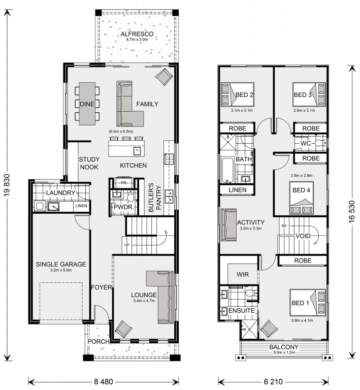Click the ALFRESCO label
[137, 35]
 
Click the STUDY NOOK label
[89, 163]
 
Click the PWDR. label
[123, 207]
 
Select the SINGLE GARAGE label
[60, 264]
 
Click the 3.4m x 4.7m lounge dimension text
[144, 302]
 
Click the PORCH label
[99, 342]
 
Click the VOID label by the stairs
[303, 237]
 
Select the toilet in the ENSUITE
[249, 294]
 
